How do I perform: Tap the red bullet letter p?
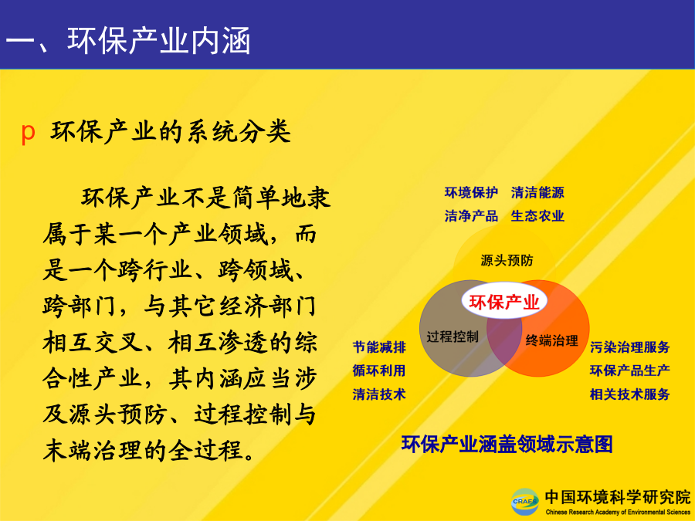pos(28,132)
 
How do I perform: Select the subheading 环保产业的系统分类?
pos(171,131)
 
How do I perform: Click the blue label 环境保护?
pos(471,193)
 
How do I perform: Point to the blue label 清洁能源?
pos(537,193)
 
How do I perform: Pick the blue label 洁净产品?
pos(471,216)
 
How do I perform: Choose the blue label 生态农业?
pos(537,216)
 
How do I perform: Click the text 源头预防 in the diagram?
pos(507,261)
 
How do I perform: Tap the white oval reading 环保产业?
pos(504,301)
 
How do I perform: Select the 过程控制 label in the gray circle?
pos(453,337)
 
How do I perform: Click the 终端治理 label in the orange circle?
pos(552,340)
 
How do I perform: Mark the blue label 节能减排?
pos(379,347)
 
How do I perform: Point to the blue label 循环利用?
pos(379,370)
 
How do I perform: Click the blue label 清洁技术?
pos(379,394)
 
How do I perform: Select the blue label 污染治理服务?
pos(630,347)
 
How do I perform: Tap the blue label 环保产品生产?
pos(630,370)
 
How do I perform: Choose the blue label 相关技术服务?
pos(630,394)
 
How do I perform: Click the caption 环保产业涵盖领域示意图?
pos(507,445)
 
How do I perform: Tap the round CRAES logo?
pos(525,502)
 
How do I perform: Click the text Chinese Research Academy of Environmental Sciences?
pos(618,513)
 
